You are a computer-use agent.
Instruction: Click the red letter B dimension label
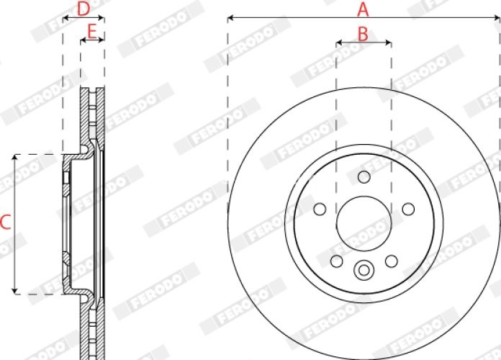(363, 34)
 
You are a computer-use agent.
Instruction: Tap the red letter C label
(6, 222)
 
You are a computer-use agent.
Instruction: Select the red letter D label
(83, 9)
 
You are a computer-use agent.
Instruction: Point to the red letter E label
(92, 32)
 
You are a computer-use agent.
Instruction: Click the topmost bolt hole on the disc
(364, 177)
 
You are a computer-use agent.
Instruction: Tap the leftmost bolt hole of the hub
(320, 210)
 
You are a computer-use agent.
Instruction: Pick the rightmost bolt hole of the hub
(408, 210)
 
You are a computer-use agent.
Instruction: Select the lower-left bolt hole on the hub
(336, 261)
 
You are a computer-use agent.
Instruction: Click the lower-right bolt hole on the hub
(392, 261)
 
